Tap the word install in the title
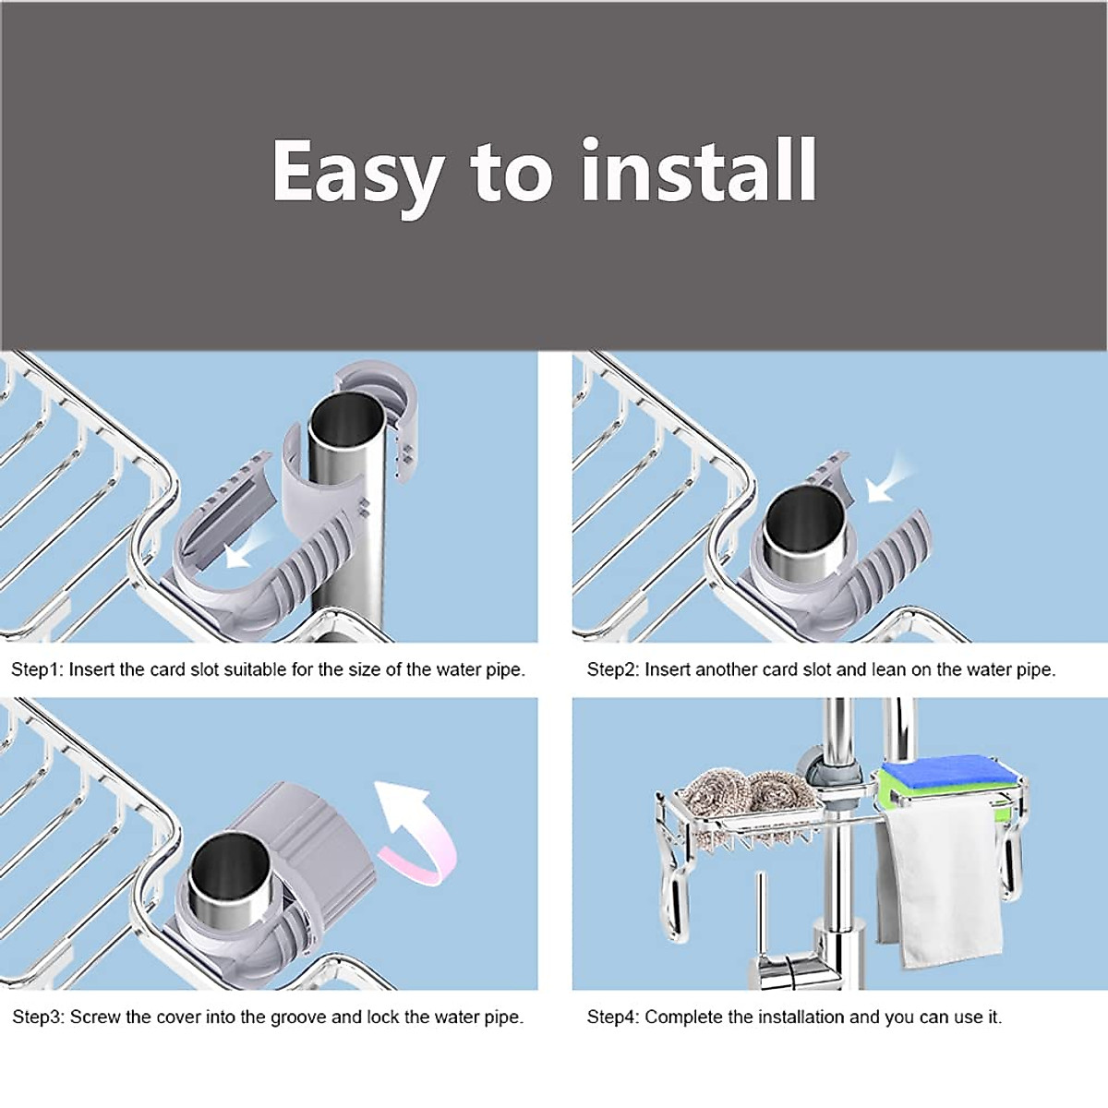coord(699,171)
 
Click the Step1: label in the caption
coord(37,670)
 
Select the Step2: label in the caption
coord(613,670)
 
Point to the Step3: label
coord(39,1018)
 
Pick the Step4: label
coord(613,1018)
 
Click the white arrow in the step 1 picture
coord(249,547)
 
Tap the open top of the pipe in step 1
coord(344,421)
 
